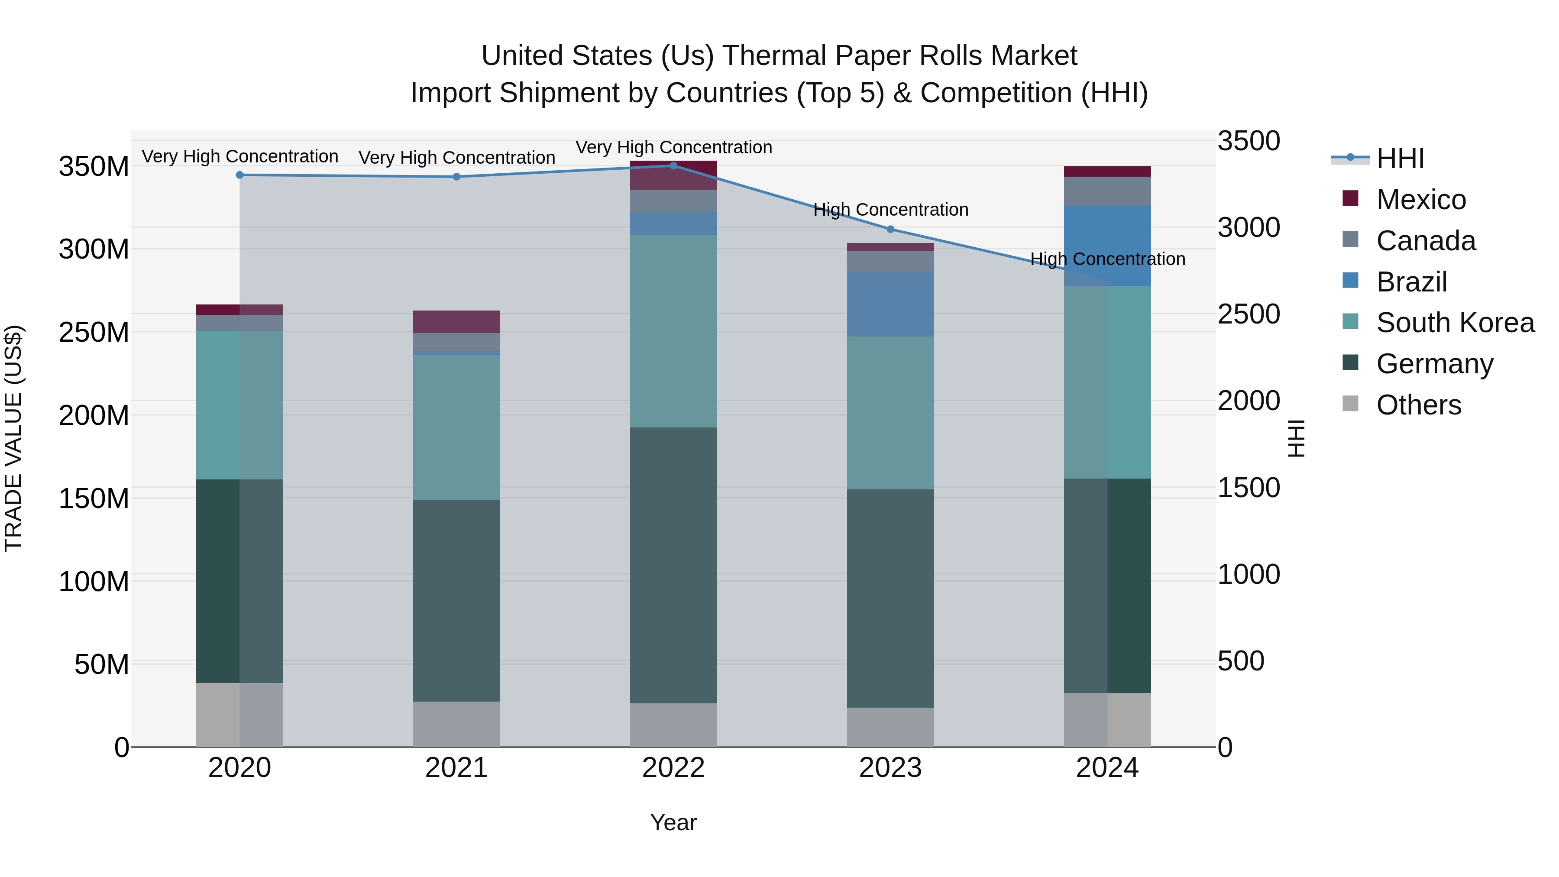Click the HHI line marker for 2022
coord(673,166)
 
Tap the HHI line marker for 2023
coord(890,230)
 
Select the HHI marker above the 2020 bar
coord(239,175)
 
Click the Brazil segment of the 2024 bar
coord(1107,246)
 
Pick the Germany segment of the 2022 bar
coord(673,565)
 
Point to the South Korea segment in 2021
coord(456,427)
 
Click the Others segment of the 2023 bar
coord(890,727)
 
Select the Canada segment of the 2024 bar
coord(1107,191)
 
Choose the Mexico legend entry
coord(1420,200)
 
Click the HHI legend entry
coord(1399,159)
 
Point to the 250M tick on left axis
coord(94,332)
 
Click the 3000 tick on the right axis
coord(1248,227)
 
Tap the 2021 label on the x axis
coord(456,768)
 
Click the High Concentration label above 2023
coord(890,210)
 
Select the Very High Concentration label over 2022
coord(673,148)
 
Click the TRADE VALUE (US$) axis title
coord(13,438)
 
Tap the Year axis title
coord(673,822)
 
